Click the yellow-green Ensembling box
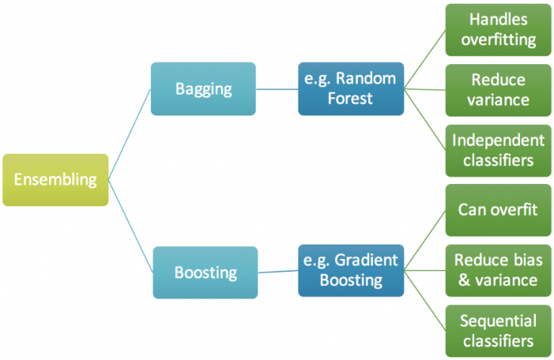click(x=56, y=180)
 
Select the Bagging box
click(x=203, y=89)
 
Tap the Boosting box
click(x=205, y=273)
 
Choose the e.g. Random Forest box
click(x=351, y=89)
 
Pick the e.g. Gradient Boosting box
click(x=351, y=271)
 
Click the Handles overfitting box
click(x=498, y=30)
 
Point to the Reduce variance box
click(x=498, y=90)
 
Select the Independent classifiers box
click(x=498, y=150)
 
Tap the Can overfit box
click(x=498, y=211)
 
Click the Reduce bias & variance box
click(x=498, y=271)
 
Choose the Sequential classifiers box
click(x=498, y=330)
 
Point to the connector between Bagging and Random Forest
click(x=277, y=89)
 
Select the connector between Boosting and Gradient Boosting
click(x=278, y=273)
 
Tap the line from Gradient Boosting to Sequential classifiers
click(x=425, y=301)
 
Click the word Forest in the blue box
click(x=351, y=98)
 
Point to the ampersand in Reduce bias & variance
click(x=465, y=280)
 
